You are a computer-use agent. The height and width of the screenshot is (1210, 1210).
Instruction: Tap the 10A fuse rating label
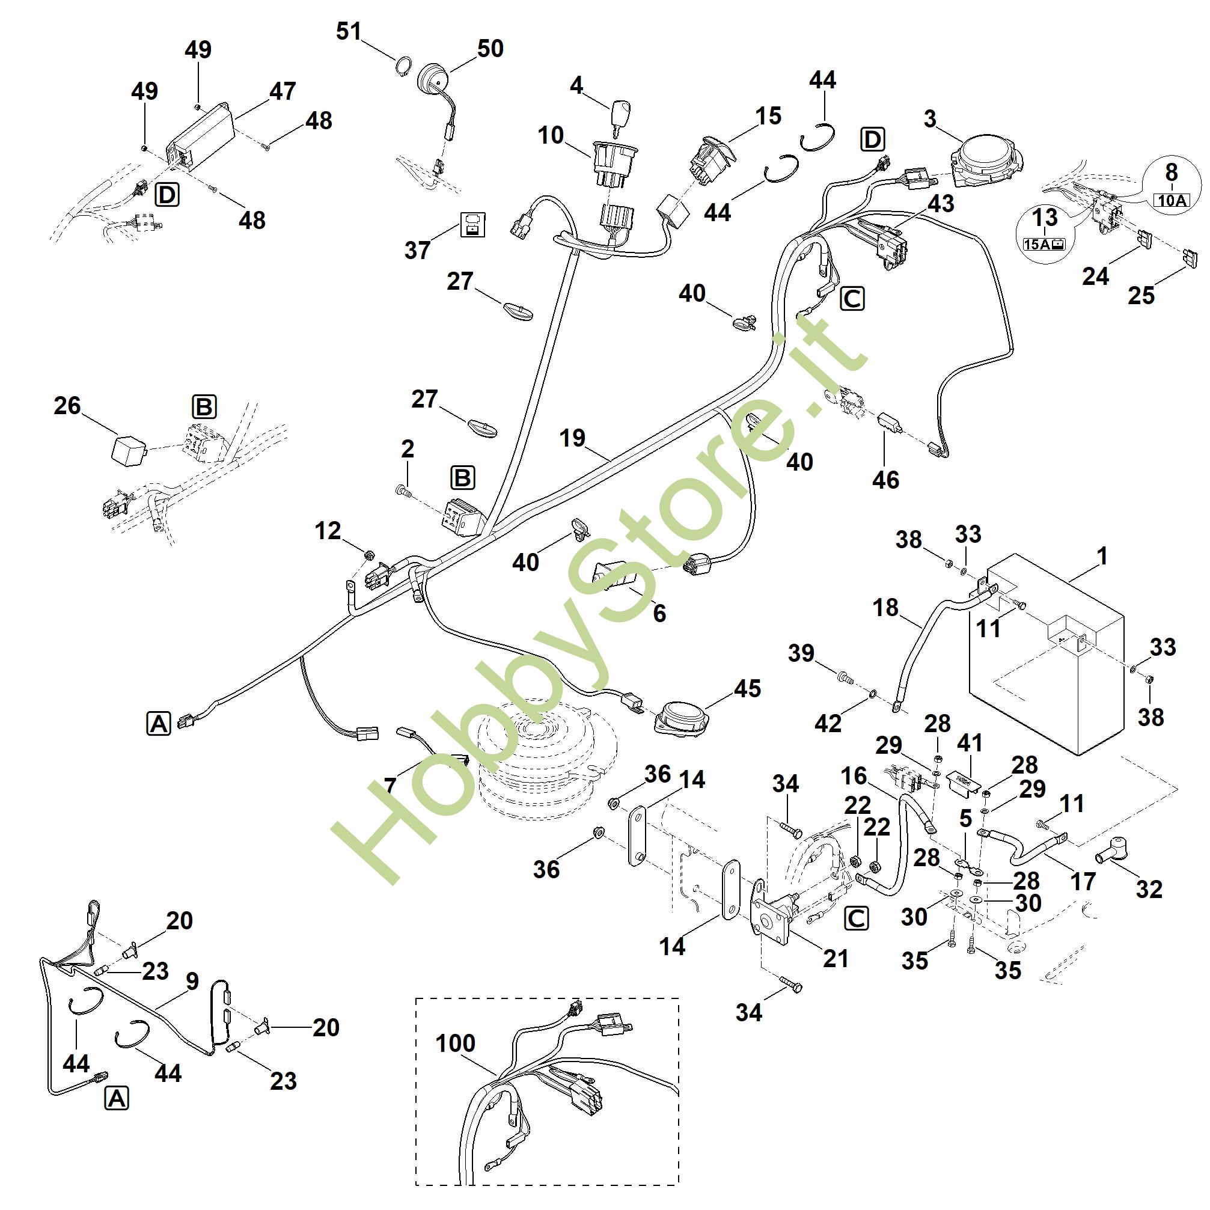click(x=1171, y=200)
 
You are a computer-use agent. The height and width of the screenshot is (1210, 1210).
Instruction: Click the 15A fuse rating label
click(x=1044, y=243)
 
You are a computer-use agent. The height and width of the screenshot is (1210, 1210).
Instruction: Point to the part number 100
click(x=455, y=1043)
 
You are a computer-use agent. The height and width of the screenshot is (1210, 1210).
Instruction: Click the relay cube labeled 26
click(x=129, y=448)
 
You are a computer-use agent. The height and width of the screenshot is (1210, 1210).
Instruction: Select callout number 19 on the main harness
click(x=572, y=438)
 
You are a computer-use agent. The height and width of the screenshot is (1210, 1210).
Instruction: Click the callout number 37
click(x=417, y=250)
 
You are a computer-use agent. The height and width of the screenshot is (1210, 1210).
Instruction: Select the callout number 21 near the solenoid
click(x=836, y=958)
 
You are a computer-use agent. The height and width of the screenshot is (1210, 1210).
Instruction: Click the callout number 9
click(x=192, y=981)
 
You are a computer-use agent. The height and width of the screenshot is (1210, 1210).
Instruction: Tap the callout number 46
click(x=885, y=480)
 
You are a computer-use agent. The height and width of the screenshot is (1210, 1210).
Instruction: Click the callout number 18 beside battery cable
click(x=885, y=607)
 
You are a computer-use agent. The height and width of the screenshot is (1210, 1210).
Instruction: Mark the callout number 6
click(x=659, y=613)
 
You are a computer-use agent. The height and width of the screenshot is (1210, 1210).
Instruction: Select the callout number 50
click(x=490, y=48)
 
